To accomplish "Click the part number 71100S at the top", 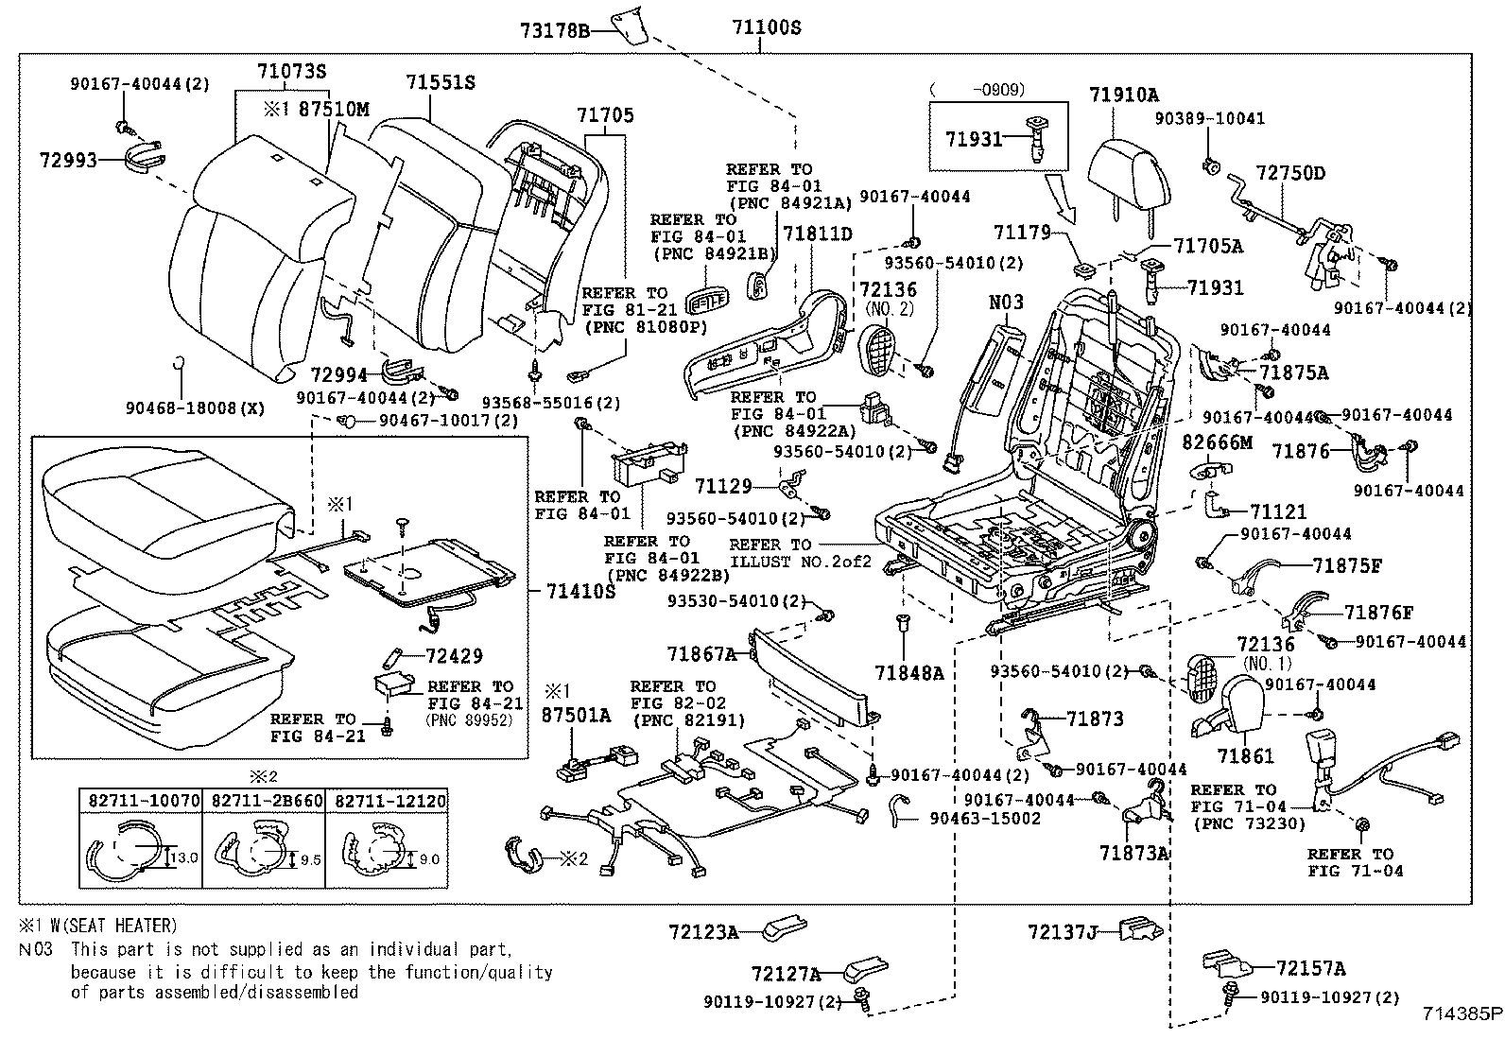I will [766, 27].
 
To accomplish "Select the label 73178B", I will [555, 30].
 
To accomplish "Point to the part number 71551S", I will [441, 83].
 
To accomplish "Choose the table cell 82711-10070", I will [139, 801].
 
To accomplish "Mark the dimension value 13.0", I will [184, 858].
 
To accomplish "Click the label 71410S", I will [580, 591].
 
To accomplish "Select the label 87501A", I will [576, 716].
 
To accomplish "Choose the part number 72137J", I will [1062, 932].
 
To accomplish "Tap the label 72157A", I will [1310, 968].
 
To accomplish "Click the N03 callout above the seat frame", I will [1006, 303].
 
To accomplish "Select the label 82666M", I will [1218, 442].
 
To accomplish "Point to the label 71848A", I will [908, 673].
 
